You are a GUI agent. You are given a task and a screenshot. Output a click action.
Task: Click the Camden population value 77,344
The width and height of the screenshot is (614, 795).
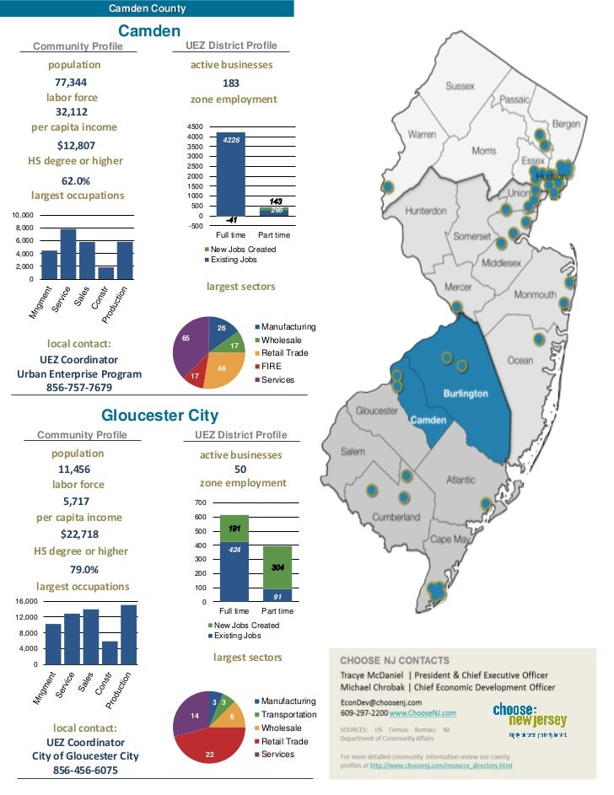point(71,82)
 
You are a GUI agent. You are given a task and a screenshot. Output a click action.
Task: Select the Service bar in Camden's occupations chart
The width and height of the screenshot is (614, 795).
point(68,253)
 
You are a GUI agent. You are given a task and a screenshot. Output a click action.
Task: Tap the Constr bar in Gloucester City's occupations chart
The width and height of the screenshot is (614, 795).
point(109,653)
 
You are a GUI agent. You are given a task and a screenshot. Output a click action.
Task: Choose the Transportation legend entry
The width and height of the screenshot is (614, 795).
point(288,715)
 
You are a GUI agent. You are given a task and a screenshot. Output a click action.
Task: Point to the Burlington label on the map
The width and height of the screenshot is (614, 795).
point(466,394)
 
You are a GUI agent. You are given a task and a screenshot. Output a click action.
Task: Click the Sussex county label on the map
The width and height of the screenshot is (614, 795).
point(460,86)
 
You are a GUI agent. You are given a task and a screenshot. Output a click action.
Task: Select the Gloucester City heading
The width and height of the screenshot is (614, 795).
point(159,416)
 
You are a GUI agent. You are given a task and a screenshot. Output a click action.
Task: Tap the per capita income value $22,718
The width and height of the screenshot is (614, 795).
point(79,534)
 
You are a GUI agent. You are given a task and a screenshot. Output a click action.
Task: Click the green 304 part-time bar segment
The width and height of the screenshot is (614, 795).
point(277,567)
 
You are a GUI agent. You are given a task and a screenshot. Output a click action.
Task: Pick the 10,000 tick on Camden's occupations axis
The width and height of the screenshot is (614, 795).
point(20,216)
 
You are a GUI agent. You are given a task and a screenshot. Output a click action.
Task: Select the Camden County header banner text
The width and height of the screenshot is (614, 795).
point(148,8)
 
